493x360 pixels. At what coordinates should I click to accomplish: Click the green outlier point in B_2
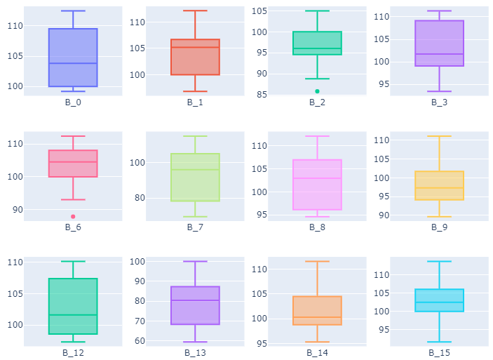click(x=317, y=91)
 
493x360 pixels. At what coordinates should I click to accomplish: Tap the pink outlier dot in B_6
click(x=73, y=216)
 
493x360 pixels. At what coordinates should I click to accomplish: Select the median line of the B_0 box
click(x=73, y=63)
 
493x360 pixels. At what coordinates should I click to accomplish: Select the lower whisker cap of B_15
click(x=439, y=342)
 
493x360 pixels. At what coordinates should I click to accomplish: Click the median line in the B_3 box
click(x=439, y=54)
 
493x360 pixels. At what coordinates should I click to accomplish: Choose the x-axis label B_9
click(x=439, y=227)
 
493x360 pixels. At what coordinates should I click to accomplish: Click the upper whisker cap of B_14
click(x=317, y=261)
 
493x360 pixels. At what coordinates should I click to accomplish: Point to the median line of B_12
click(x=73, y=315)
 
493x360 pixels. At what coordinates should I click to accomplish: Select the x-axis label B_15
click(x=439, y=352)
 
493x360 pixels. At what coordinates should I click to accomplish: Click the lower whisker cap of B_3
click(x=439, y=91)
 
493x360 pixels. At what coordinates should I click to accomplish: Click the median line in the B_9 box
click(x=439, y=188)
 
